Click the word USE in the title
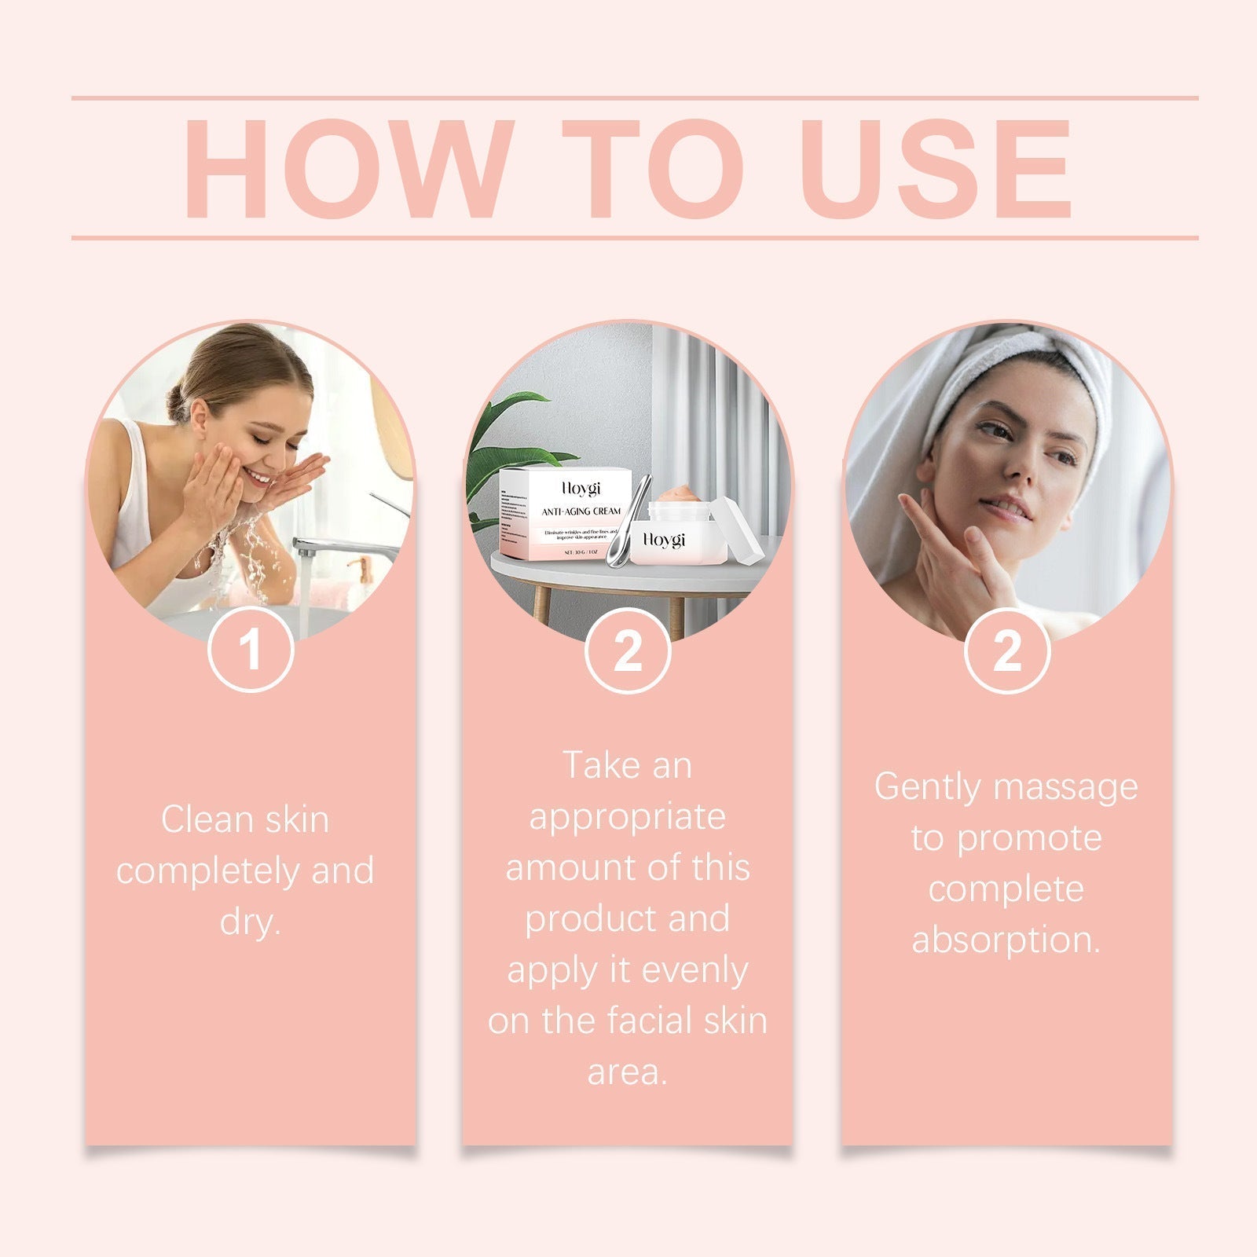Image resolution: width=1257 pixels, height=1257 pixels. (x=935, y=169)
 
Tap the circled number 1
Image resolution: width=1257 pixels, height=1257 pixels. (x=251, y=650)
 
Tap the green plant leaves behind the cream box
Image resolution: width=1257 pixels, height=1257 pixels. (x=503, y=440)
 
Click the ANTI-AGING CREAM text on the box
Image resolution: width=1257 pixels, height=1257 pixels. (x=581, y=511)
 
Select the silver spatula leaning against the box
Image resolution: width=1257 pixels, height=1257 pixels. (x=625, y=526)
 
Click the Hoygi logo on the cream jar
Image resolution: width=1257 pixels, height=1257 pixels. (x=664, y=540)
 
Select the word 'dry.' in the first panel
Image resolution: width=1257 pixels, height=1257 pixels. (x=250, y=921)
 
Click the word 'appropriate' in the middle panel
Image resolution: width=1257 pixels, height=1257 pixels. (x=627, y=817)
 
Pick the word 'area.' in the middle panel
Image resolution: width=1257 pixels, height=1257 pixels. (x=627, y=1072)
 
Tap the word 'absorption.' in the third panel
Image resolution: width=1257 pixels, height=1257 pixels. (x=1006, y=940)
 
